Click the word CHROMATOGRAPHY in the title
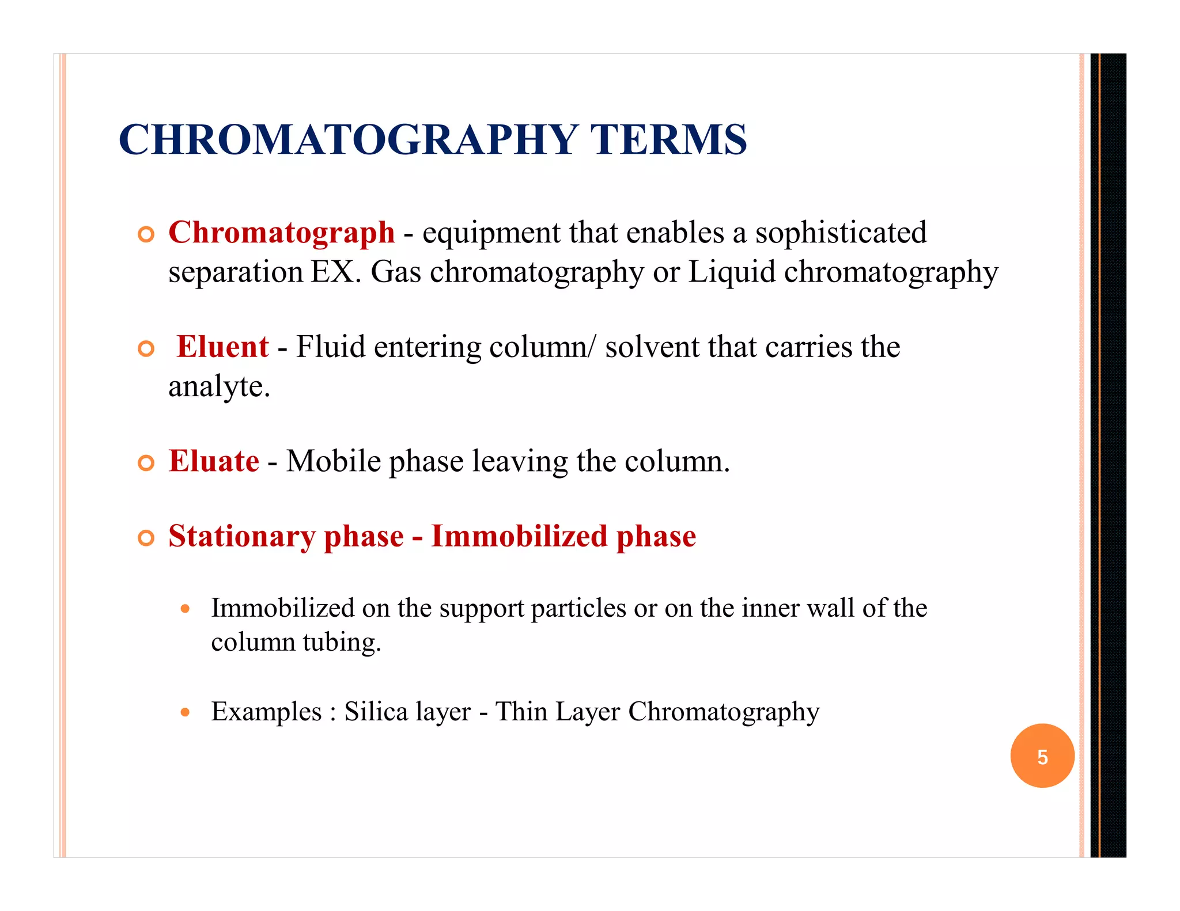(x=349, y=140)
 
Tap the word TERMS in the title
(x=668, y=140)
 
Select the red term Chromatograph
(x=281, y=233)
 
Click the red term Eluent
(x=222, y=347)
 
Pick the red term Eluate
(x=214, y=461)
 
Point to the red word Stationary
(x=242, y=537)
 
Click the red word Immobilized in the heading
(x=519, y=536)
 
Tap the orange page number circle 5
(x=1042, y=756)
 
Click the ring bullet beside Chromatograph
(x=146, y=234)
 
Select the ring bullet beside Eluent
(x=146, y=348)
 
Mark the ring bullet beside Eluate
(x=146, y=463)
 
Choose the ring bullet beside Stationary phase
(x=146, y=538)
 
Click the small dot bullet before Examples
(x=185, y=712)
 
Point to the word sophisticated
(x=841, y=233)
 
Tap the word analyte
(x=219, y=386)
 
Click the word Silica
(x=376, y=712)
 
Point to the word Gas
(x=396, y=272)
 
